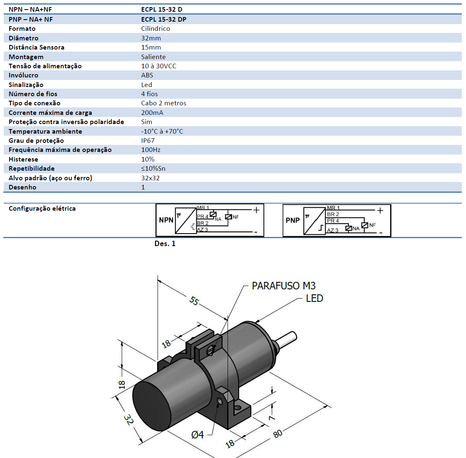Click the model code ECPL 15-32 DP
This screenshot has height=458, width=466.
tap(163, 19)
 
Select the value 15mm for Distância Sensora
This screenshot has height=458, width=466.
tap(151, 47)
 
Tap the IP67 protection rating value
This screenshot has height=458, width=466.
tap(148, 140)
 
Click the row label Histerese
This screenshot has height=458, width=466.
tap(23, 159)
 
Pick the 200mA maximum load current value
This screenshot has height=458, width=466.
tap(152, 112)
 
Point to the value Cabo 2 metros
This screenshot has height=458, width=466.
tap(163, 103)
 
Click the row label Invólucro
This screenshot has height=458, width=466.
tap(23, 75)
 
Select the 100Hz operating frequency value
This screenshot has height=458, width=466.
tap(150, 149)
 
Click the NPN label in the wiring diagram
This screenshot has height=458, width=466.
tap(166, 220)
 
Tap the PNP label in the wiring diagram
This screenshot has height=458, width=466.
tap(293, 220)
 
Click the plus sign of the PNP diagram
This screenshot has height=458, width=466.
tap(380, 211)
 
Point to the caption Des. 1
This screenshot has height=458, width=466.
tap(165, 244)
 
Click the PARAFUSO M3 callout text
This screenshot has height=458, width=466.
tap(283, 286)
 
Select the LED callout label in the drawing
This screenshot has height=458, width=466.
tap(314, 298)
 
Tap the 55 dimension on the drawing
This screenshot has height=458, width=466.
tap(194, 300)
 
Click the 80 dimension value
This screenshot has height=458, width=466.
tap(278, 433)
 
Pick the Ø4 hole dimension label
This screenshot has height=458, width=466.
tap(198, 435)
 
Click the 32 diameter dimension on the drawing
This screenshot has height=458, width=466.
tap(128, 419)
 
